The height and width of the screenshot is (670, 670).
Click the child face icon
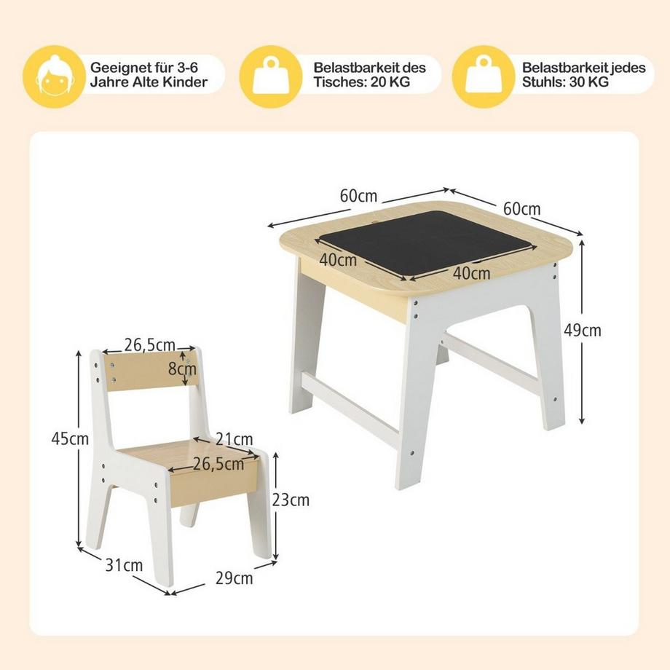click(54, 76)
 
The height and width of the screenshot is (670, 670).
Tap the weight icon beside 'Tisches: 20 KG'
click(270, 76)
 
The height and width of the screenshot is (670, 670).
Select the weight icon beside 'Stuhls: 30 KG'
click(484, 76)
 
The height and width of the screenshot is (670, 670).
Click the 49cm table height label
click(583, 330)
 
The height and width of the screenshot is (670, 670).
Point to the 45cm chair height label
click(70, 438)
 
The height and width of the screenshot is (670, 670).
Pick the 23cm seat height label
click(291, 500)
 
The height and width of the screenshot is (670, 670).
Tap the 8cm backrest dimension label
click(182, 368)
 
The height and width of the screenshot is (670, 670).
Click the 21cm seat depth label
click(234, 438)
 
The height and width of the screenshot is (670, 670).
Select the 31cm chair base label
click(124, 565)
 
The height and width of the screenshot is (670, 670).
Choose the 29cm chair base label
click(234, 578)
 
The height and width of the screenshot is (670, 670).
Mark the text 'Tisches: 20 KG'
click(361, 82)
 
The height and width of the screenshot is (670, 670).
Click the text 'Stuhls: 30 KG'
click(565, 82)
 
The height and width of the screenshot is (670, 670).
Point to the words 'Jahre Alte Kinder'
click(149, 82)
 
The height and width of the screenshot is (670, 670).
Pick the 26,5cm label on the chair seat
click(218, 464)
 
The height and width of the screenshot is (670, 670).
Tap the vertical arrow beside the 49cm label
click(582, 331)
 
